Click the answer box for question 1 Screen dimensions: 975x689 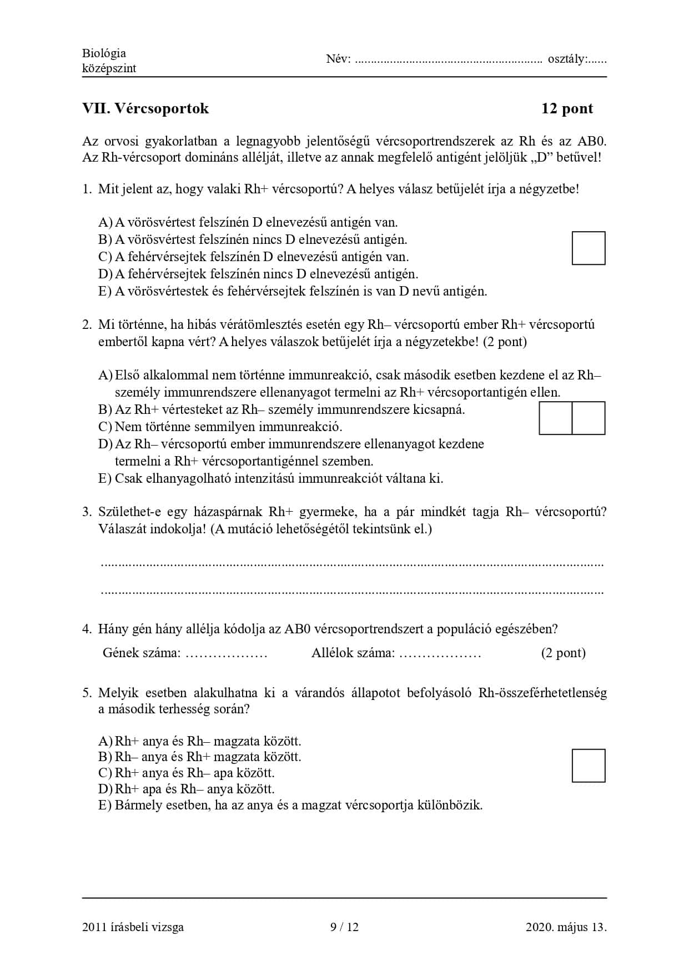coord(588,248)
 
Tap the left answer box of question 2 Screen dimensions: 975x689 coord(555,418)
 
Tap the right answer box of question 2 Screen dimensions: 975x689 coord(588,418)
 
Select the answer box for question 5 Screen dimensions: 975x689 coord(588,765)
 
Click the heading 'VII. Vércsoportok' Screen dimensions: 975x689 coord(145,108)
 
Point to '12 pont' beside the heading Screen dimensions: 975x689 coord(567,108)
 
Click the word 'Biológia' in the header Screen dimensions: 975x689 coord(104,53)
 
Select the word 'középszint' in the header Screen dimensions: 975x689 coord(109,68)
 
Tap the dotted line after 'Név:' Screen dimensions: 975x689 coord(448,60)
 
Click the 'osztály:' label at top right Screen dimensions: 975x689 coord(567,59)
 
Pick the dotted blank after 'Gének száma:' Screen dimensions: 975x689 coord(227,654)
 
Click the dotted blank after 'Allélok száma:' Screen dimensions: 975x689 coord(440,654)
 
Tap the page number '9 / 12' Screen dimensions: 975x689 coord(344,927)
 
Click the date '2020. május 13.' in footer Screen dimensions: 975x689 coord(566,927)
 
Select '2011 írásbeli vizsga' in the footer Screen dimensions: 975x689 coord(133,927)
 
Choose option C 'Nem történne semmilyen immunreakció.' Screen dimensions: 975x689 coord(221,427)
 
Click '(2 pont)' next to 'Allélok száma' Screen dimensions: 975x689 coord(563,653)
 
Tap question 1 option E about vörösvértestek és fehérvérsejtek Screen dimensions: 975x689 coord(293,291)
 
